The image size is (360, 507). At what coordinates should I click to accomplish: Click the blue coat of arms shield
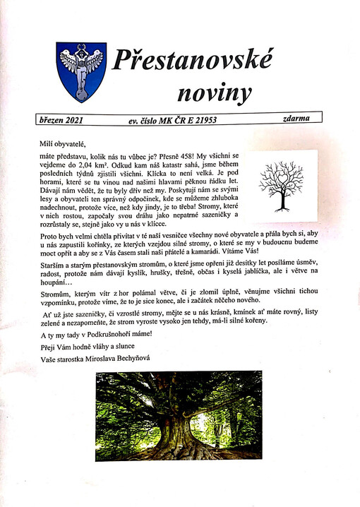(81, 71)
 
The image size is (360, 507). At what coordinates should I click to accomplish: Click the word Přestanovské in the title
(191, 62)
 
